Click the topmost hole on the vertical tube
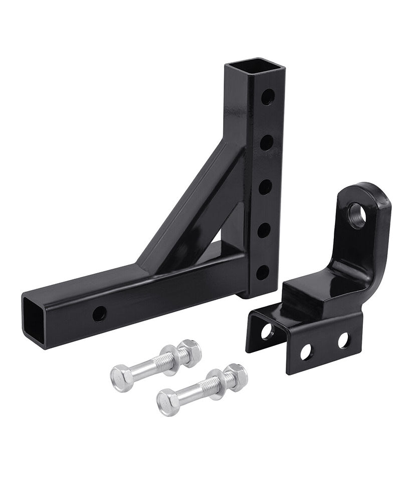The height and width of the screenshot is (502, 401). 268,97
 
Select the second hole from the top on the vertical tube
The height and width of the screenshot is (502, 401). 267,142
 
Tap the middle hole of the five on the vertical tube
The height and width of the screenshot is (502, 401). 265,187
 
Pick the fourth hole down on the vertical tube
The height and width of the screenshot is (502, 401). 264,230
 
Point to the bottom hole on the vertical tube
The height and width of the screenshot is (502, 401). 262,272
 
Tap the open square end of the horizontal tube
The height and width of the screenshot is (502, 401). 34,319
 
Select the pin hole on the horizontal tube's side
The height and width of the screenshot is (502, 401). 99,314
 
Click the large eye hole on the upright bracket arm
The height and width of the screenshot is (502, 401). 357,214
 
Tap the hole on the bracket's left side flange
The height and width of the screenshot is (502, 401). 267,331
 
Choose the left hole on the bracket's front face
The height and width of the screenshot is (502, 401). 306,352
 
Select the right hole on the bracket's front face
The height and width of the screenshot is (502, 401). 343,340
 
